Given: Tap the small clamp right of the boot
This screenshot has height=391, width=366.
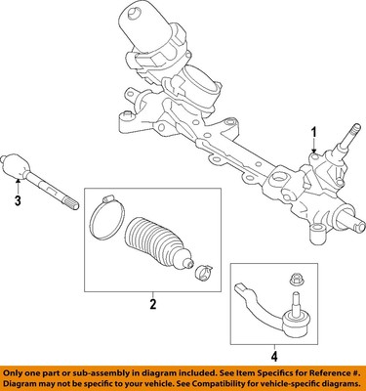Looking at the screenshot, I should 203,271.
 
